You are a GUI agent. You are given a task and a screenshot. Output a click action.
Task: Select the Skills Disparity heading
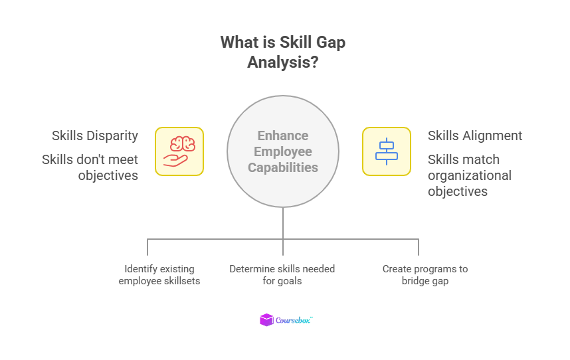(x=95, y=135)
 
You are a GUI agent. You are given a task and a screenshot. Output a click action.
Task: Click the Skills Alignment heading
(x=475, y=135)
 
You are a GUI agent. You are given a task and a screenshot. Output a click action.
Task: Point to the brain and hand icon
(x=179, y=151)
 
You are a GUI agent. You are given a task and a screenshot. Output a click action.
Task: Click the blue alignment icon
(x=386, y=151)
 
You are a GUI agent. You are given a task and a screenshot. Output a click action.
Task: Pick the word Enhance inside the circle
(x=283, y=135)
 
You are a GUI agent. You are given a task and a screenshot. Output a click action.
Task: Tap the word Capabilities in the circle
(x=283, y=167)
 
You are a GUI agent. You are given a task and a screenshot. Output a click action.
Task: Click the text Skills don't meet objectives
(x=90, y=167)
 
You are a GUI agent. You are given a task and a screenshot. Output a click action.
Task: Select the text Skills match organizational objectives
(x=470, y=175)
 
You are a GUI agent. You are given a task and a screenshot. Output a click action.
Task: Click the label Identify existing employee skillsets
(x=159, y=274)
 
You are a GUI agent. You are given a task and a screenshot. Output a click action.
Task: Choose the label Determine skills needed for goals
(x=282, y=274)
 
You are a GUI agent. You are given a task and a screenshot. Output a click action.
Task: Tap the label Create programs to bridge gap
(x=425, y=274)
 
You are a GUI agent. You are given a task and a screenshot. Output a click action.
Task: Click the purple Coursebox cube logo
(x=266, y=320)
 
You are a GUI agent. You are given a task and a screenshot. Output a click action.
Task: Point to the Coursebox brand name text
(x=294, y=320)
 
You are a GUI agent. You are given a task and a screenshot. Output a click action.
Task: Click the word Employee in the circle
(x=283, y=151)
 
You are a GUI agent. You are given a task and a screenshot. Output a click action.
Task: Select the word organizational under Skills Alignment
(x=470, y=175)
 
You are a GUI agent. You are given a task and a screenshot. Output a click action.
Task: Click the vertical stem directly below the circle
(x=283, y=223)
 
